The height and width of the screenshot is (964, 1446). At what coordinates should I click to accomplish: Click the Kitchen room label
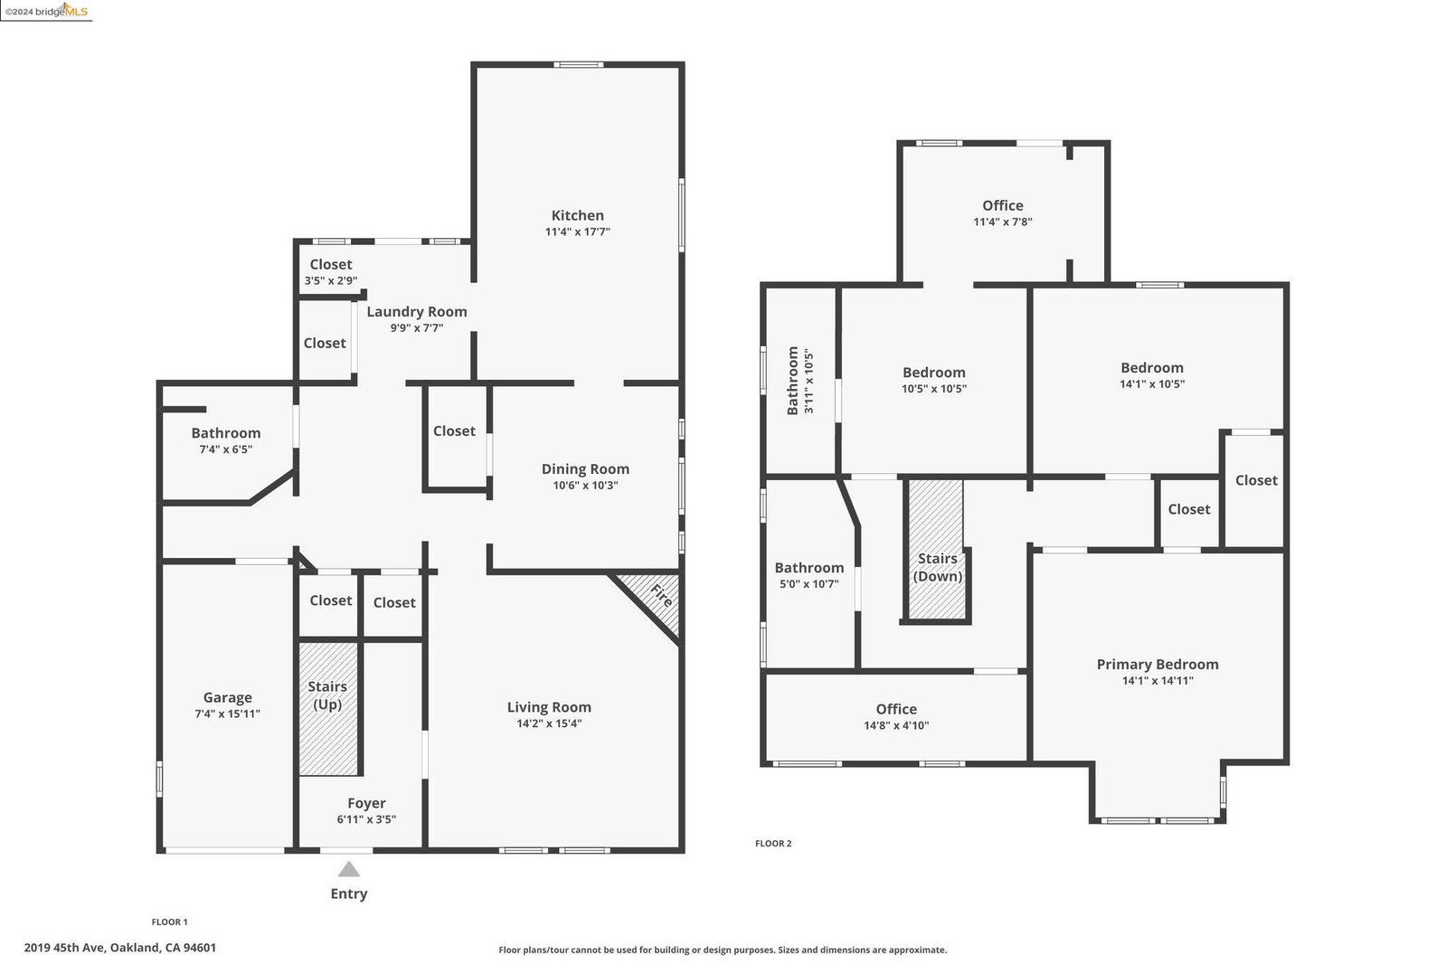577,215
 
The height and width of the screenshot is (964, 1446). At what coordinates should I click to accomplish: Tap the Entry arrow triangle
348,869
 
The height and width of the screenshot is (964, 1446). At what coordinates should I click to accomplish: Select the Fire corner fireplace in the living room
653,600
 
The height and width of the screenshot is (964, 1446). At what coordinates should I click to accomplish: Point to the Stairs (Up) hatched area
328,708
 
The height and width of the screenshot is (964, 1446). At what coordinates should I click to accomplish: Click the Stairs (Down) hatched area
936,549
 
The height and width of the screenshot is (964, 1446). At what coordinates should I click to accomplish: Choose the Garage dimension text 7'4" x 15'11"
227,714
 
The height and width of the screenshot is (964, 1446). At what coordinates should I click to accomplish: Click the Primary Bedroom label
1158,664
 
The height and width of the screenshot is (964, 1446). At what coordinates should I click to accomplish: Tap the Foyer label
366,803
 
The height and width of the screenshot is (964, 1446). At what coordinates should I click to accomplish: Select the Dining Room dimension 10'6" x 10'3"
585,485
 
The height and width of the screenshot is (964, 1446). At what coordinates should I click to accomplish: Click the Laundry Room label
417,311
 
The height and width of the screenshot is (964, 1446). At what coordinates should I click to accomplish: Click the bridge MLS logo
46,11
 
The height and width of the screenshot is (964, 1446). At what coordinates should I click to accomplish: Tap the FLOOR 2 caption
773,843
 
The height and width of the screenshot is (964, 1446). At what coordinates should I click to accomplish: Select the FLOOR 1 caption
170,922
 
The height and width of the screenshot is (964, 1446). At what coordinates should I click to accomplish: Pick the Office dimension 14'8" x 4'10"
896,725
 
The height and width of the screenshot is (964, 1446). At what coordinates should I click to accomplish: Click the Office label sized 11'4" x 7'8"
1003,205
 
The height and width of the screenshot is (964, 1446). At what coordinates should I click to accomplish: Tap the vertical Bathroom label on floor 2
793,381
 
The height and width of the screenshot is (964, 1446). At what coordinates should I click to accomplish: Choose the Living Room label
549,707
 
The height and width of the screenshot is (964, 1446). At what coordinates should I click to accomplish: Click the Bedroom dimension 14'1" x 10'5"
1151,383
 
